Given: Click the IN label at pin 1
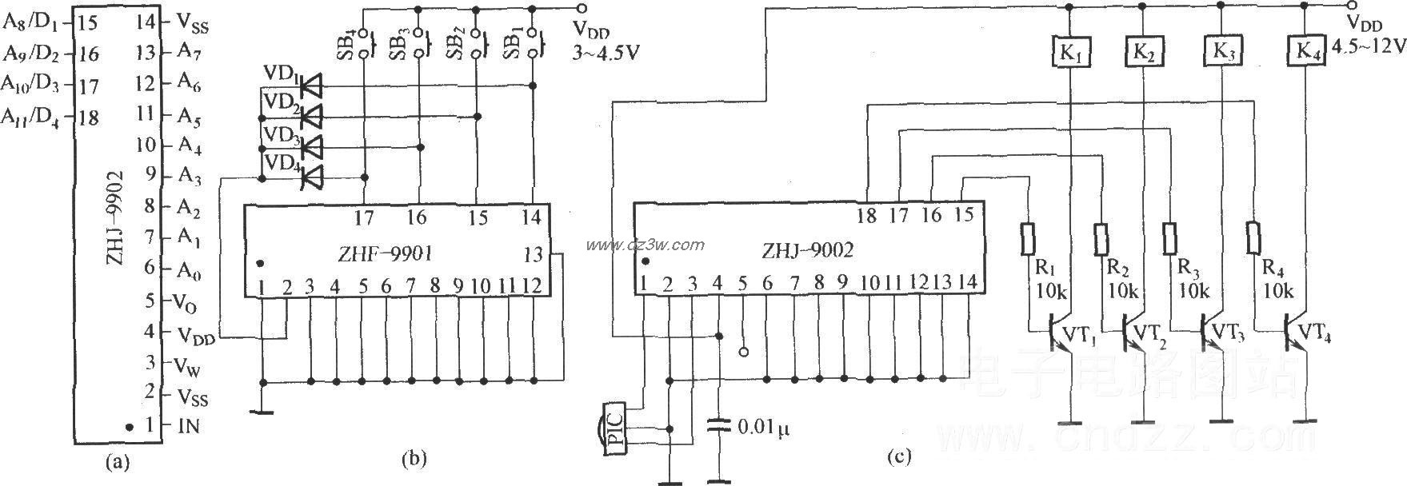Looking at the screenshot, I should coord(187,426).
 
